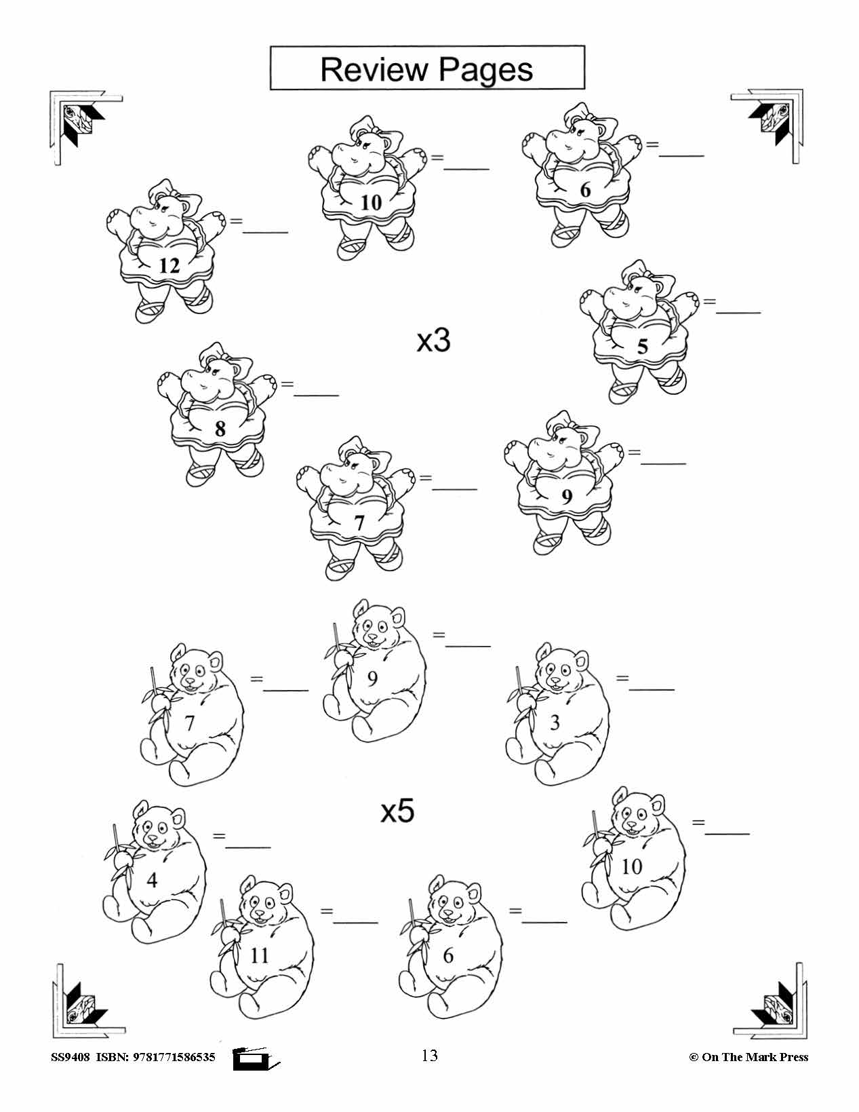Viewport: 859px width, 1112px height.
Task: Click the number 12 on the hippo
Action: click(169, 265)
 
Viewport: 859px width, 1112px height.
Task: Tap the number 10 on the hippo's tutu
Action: click(372, 203)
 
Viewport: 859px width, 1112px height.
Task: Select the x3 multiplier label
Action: click(434, 341)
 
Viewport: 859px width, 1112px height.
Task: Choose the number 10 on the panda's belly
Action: click(631, 866)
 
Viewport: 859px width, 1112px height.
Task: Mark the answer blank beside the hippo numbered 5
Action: click(738, 312)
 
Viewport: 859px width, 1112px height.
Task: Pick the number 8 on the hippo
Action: click(220, 428)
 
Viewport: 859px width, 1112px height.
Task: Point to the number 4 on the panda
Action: click(152, 879)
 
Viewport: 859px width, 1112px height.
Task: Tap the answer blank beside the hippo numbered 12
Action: click(265, 232)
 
